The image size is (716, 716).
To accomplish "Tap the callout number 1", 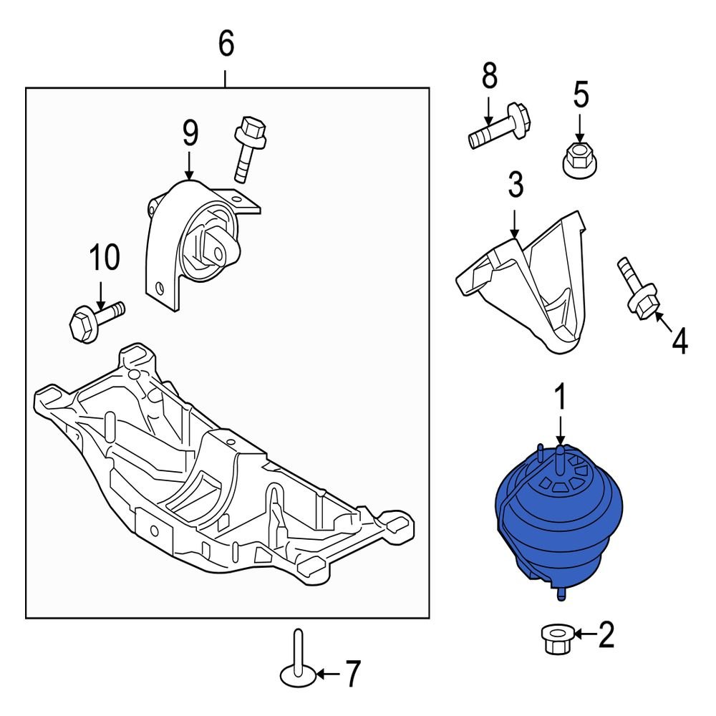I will click(561, 399).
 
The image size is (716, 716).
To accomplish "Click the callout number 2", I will click(606, 634).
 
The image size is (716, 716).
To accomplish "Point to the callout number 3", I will click(516, 185).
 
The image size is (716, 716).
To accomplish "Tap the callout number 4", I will click(679, 342).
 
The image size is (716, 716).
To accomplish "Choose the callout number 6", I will click(226, 44).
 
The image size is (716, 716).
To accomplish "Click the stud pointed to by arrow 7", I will click(297, 659).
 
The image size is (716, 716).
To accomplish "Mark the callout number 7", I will click(352, 674).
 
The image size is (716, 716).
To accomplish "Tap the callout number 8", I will click(488, 75).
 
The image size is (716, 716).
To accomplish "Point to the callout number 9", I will click(189, 133).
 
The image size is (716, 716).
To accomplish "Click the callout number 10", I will click(105, 258).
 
